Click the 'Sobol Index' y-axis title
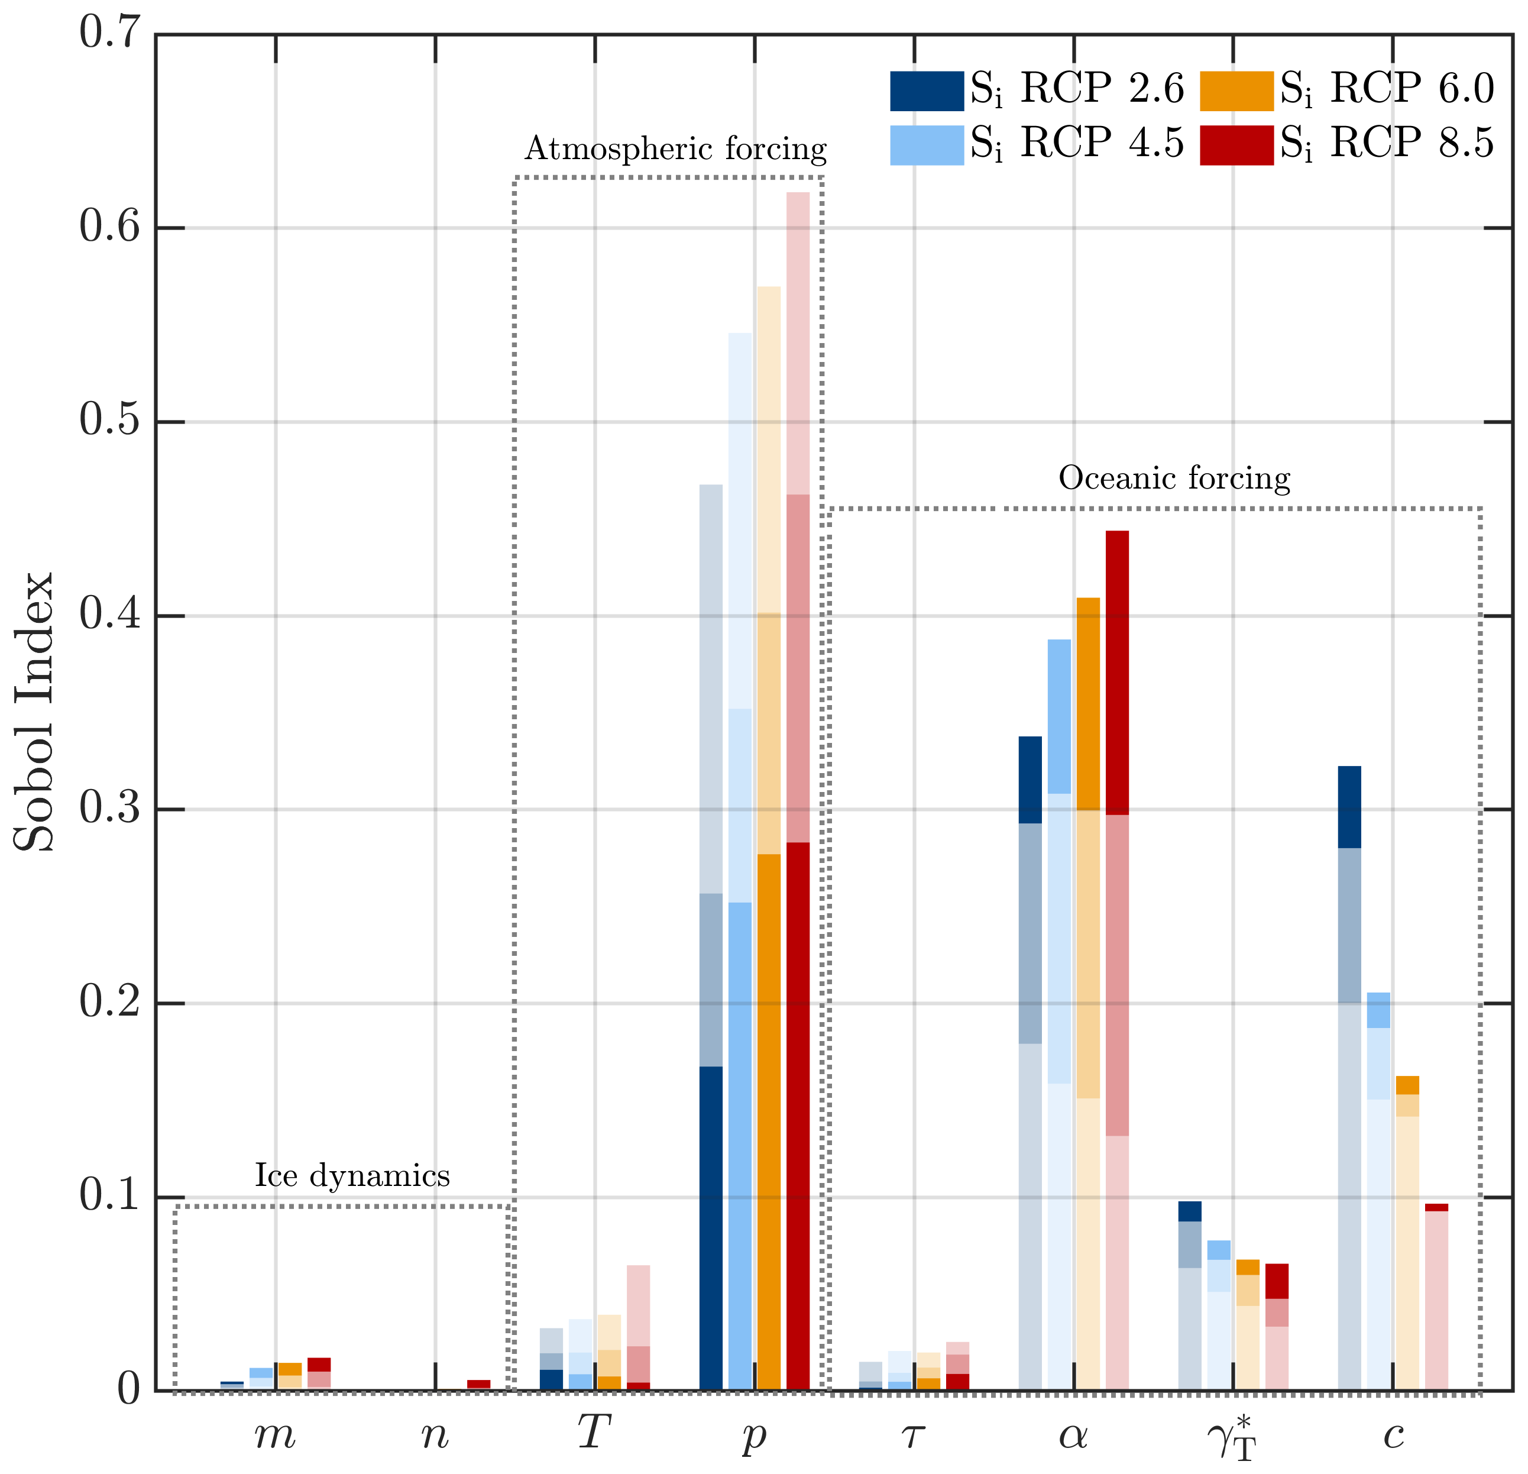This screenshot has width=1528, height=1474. click(x=35, y=711)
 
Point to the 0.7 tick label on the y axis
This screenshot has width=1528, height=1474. click(x=109, y=35)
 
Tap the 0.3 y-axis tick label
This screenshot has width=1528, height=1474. click(x=109, y=809)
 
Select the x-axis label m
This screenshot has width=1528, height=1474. click(x=275, y=1433)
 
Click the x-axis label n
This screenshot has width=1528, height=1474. click(x=435, y=1433)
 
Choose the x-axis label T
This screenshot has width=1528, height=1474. click(x=594, y=1430)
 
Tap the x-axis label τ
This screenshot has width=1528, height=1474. click(x=913, y=1433)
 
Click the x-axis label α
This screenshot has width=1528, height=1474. click(x=1073, y=1433)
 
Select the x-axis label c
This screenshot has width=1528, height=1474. click(x=1393, y=1433)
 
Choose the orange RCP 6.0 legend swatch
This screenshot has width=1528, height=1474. click(x=1236, y=90)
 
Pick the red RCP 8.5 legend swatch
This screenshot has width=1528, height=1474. click(x=1236, y=145)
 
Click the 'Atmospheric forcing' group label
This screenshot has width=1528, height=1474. click(x=675, y=148)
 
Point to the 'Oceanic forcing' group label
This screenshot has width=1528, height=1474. click(x=1174, y=477)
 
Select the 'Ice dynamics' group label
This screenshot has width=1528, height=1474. click(x=352, y=1175)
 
